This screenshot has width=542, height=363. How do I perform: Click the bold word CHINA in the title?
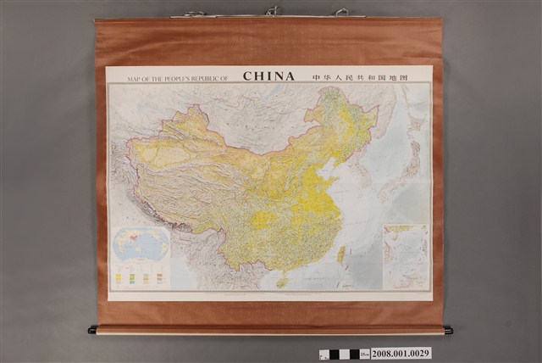click(x=269, y=76)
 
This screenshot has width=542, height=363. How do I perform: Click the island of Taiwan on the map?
click(x=342, y=254)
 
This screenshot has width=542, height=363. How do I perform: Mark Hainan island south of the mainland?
click(x=282, y=282)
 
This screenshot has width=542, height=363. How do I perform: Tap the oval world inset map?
click(x=141, y=244)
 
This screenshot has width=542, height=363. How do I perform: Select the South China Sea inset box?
click(x=406, y=256)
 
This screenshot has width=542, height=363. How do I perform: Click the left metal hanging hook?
click(x=196, y=14)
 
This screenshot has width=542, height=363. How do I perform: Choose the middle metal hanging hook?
click(x=271, y=11)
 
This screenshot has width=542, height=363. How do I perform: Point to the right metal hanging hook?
click(x=341, y=13)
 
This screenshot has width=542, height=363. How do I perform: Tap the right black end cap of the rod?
click(x=448, y=330)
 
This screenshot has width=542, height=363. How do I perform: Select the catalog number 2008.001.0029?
click(x=401, y=353)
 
